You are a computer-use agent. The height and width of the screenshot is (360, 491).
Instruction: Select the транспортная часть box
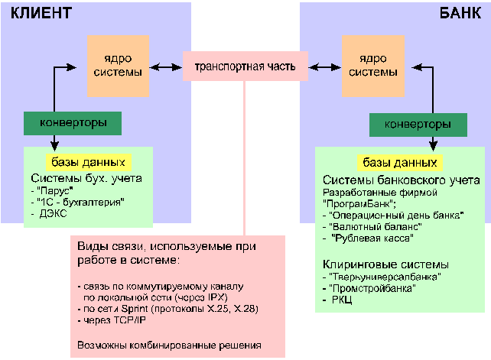click(x=245, y=66)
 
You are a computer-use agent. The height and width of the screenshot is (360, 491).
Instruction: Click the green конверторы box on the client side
click(x=73, y=122)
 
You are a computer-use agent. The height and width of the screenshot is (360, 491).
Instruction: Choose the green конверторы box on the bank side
click(x=417, y=124)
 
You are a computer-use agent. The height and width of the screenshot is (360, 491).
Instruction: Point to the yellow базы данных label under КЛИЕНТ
click(x=88, y=162)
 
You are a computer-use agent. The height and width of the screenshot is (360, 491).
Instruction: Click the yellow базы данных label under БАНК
click(x=399, y=164)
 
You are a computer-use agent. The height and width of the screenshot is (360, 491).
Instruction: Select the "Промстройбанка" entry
click(x=372, y=288)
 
